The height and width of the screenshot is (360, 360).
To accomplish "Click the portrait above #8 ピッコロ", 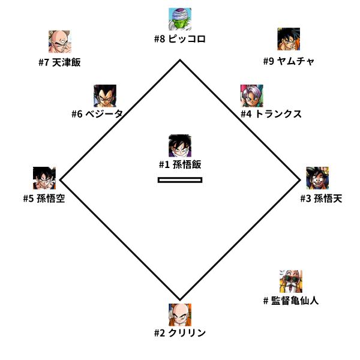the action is point(180,20).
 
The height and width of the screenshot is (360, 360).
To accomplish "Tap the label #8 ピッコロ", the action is point(180,40).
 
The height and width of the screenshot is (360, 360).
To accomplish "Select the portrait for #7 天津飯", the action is point(60,42).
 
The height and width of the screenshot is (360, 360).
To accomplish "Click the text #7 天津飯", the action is point(59,62).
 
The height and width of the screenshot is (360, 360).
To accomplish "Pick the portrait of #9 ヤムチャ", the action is point(289,40).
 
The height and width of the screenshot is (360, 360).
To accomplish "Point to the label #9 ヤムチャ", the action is point(289,61).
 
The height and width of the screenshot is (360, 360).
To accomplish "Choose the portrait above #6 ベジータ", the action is point(105,95).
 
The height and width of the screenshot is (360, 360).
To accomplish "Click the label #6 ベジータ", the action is point(97,114).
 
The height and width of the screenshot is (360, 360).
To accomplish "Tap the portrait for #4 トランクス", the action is point(251,95).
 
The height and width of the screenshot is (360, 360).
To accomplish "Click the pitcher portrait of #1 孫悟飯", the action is point(180,146).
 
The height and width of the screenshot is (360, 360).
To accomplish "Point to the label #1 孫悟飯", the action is point(180,165).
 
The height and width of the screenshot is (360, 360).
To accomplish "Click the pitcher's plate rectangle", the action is point(180,179).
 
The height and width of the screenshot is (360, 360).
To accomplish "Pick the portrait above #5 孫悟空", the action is point(44,178).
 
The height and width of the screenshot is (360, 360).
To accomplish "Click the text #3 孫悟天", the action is point(322,199).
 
